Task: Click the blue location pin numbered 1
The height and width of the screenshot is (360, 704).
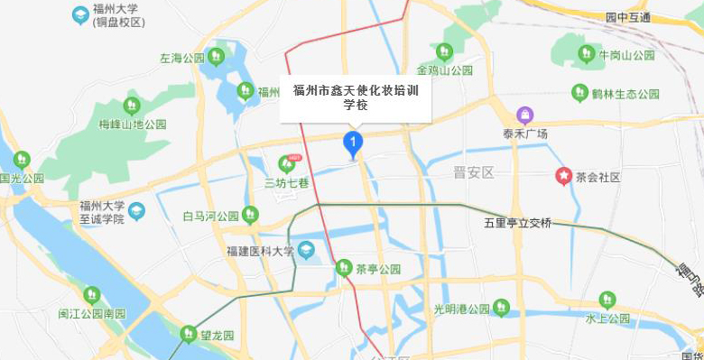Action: (353, 143)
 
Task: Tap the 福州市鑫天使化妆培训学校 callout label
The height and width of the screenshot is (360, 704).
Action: (356, 97)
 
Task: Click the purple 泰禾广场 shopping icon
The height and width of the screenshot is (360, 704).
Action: (525, 115)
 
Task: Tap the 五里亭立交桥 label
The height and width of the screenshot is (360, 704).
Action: (517, 223)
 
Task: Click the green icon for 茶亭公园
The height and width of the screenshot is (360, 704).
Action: (343, 268)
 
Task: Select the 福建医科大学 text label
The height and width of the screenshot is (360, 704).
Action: (260, 250)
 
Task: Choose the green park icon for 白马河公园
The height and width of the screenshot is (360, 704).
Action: (250, 215)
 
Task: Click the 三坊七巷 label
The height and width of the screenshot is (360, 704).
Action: (287, 182)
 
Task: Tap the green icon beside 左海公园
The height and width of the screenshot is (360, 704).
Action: (216, 58)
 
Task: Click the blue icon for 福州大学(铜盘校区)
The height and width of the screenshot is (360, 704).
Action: (80, 15)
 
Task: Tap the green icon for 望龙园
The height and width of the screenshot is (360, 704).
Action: (188, 334)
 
